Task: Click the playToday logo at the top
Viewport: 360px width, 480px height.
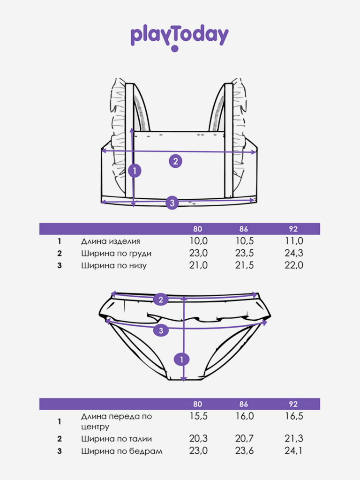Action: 180,38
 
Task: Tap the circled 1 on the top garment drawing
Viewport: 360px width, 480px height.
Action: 135,171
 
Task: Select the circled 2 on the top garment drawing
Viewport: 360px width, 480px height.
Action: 175,161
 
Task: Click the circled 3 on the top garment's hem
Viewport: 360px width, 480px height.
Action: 172,202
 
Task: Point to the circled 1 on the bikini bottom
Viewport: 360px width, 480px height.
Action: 182,360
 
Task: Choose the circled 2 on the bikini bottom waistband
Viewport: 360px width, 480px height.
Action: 161,300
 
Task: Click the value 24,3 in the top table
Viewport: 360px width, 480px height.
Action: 293,253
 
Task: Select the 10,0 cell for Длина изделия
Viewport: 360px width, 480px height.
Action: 198,241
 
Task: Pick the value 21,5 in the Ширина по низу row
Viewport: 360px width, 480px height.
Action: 244,265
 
